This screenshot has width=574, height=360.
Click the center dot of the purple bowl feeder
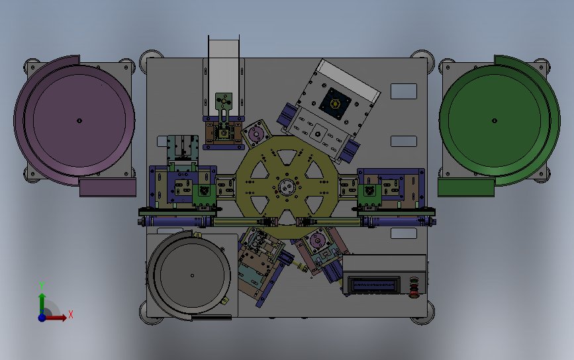[x=79, y=120]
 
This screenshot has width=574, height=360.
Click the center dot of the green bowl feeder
[x=494, y=120]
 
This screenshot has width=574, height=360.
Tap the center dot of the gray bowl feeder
[x=192, y=275]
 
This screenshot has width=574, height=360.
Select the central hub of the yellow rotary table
[x=287, y=187]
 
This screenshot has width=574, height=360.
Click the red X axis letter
[x=71, y=314]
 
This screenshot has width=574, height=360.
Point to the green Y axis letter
[x=41, y=285]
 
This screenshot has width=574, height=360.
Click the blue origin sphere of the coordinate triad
[x=42, y=317]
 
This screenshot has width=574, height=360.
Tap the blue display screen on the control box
[x=374, y=285]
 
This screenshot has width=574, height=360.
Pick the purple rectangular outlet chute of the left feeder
[x=108, y=187]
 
